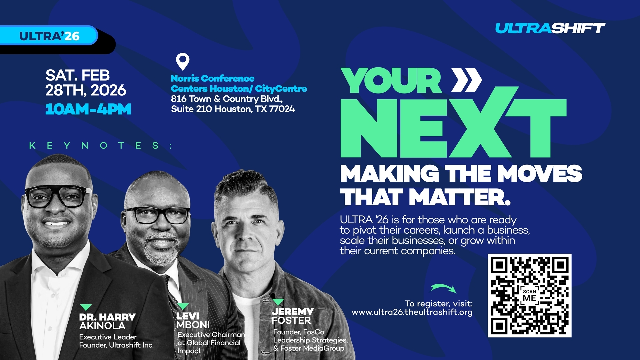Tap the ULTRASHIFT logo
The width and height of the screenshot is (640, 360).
coord(550,28)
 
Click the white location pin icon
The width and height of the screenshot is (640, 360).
coord(183,62)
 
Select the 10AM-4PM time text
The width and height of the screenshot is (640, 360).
coord(88,109)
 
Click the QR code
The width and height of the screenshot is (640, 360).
coord(530,296)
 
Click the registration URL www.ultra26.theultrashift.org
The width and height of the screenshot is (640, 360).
coord(412,312)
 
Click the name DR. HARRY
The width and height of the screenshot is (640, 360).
coord(107,317)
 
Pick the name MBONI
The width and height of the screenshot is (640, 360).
coord(193,325)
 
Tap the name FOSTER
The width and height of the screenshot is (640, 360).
coord(291,321)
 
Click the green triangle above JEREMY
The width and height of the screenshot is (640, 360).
coord(278,302)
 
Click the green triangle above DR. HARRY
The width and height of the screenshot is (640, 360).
coord(86,307)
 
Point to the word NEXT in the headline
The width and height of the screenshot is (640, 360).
coord(453,127)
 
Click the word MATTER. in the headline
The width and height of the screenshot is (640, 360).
coord(460,197)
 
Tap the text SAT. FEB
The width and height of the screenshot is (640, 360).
coord(78,75)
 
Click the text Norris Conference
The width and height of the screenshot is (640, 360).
coord(213,79)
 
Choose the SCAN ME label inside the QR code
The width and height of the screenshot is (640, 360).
coord(529,295)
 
